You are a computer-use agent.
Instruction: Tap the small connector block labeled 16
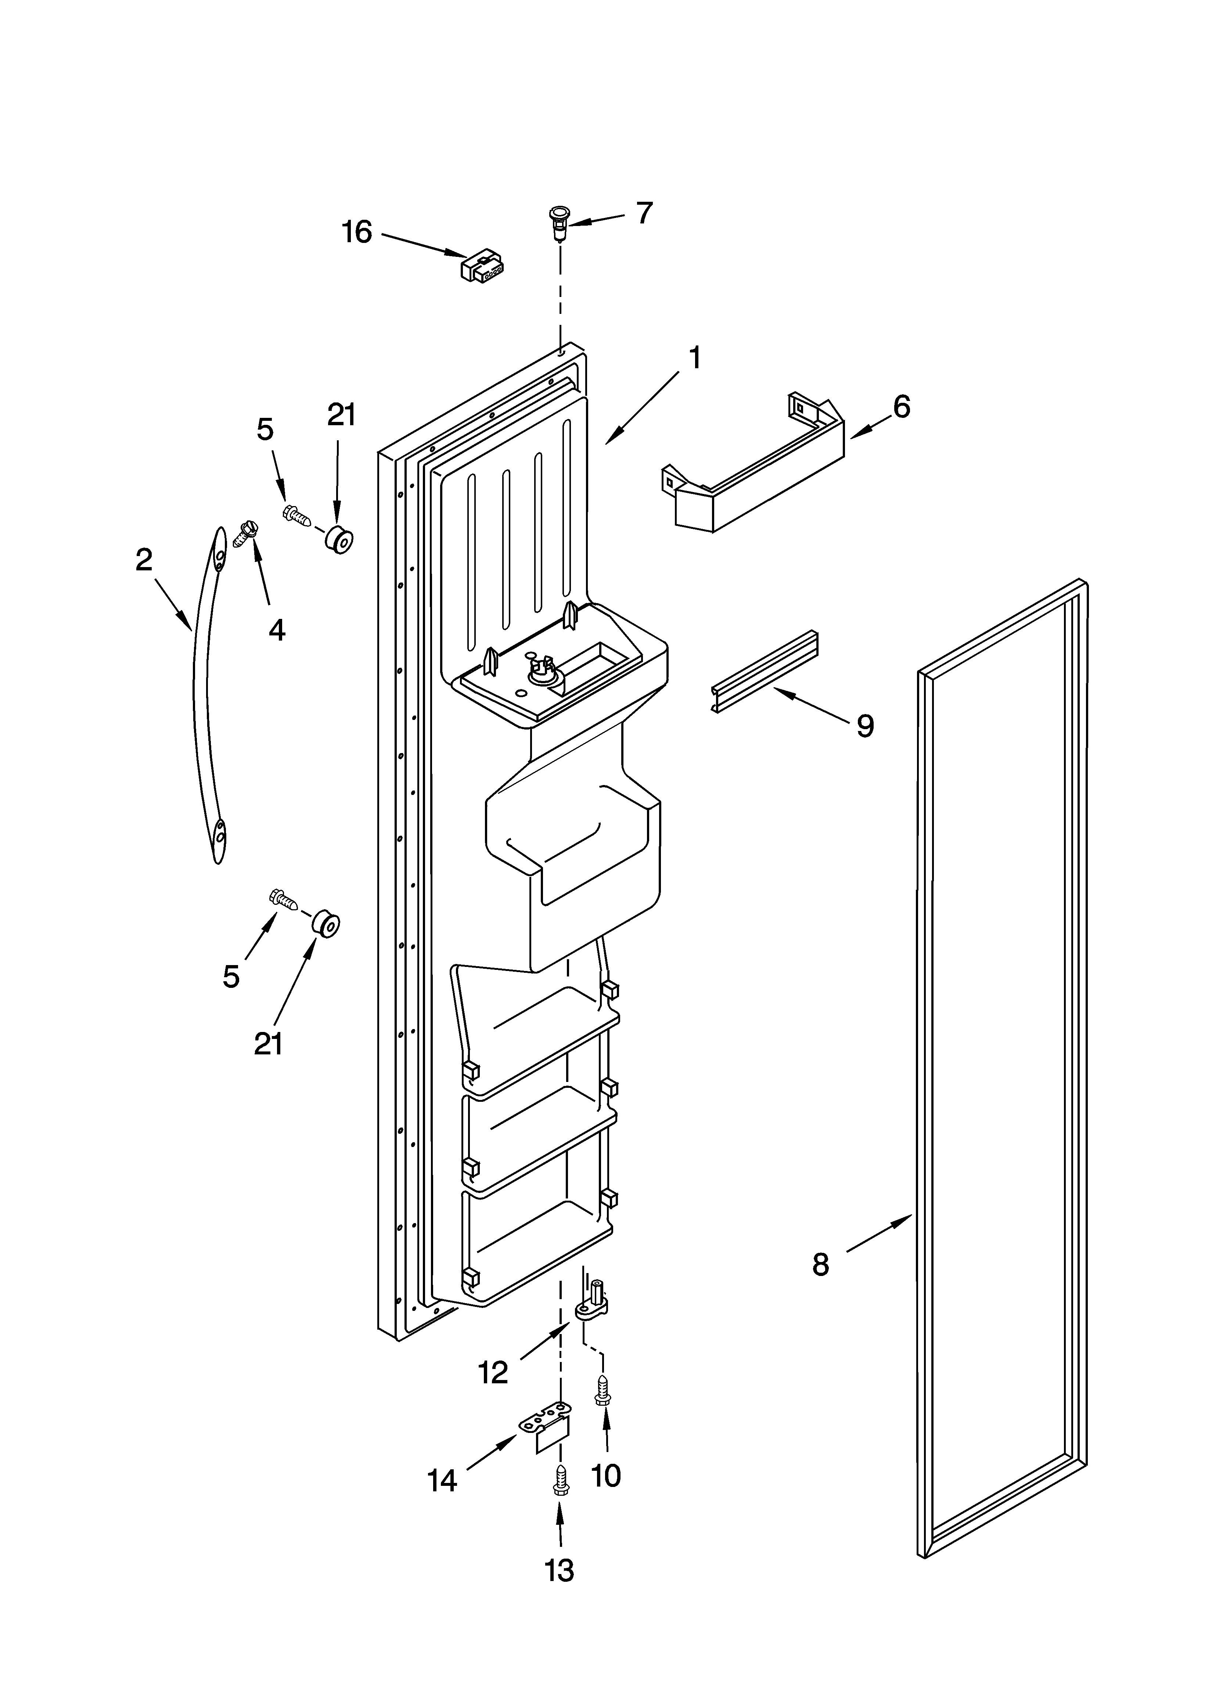[x=482, y=267]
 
